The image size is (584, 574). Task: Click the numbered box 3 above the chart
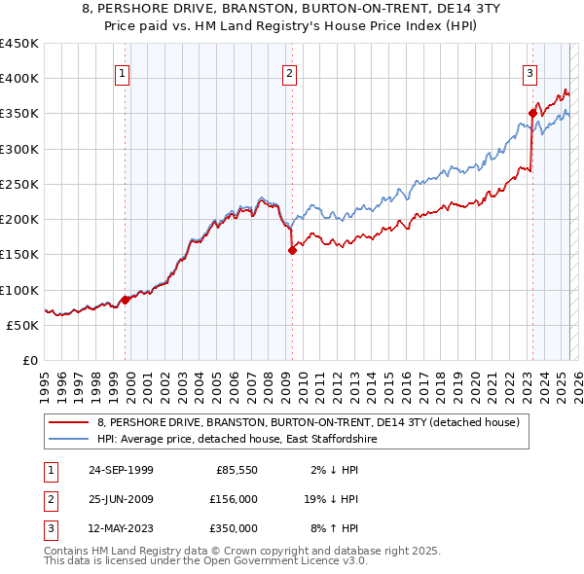tap(529, 71)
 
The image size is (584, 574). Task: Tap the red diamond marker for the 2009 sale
tap(292, 250)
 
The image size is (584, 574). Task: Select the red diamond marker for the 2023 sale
tap(532, 113)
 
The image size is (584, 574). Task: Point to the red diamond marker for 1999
tap(125, 300)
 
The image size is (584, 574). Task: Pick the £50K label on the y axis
tap(22, 325)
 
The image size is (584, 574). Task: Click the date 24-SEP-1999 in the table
tap(121, 471)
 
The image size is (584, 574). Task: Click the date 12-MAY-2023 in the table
tap(121, 528)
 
